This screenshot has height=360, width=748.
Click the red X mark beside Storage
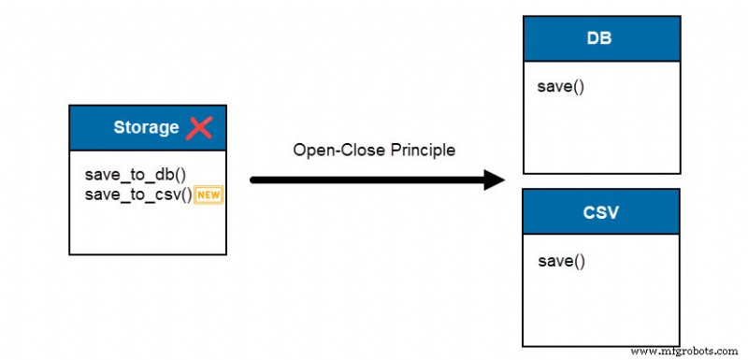click(x=199, y=127)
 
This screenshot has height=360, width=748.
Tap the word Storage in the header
click(x=146, y=127)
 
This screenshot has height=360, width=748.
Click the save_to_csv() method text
click(x=138, y=194)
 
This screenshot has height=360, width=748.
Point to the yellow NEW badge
click(x=208, y=195)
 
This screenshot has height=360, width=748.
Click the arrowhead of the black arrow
click(x=495, y=180)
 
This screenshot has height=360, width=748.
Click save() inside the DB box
click(x=560, y=87)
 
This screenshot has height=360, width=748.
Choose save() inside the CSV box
click(x=561, y=260)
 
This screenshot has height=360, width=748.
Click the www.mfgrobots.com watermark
click(x=685, y=351)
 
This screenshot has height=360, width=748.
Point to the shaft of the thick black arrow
click(x=365, y=180)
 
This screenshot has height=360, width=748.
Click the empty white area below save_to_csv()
click(x=147, y=229)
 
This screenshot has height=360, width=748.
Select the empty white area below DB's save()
click(x=598, y=136)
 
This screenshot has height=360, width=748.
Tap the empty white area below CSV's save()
click(x=598, y=309)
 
